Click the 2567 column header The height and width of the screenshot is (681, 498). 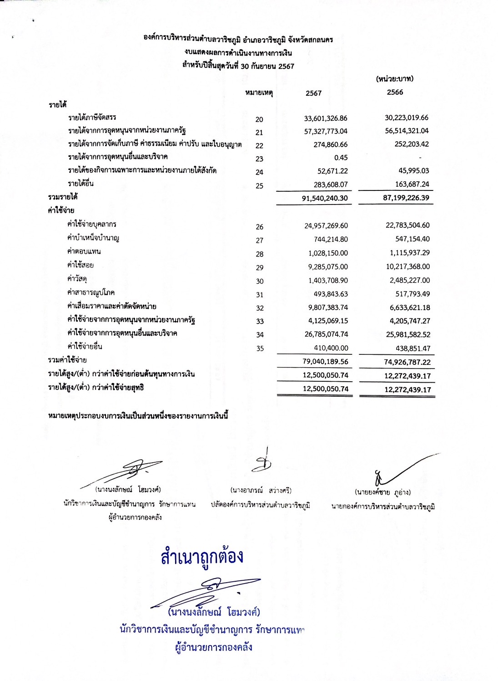point(313,93)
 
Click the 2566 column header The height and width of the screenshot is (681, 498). point(395,92)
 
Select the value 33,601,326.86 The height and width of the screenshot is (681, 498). point(325,118)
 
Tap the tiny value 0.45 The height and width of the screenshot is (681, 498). point(340,158)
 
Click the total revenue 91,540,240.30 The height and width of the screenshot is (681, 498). point(325,199)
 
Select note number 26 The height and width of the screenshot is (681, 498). point(259,227)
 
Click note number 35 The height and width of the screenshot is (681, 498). point(259,348)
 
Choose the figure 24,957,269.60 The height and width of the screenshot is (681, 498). point(326,225)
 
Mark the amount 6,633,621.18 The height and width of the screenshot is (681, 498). point(407,307)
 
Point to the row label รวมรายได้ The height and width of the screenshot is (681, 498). point(62,197)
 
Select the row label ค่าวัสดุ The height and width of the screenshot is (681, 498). point(77,279)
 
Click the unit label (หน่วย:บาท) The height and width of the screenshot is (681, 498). point(394,79)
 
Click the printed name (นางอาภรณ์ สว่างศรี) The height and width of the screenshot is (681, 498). point(261,491)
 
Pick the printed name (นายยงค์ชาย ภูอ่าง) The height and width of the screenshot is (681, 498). point(382,492)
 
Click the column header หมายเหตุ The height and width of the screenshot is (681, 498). point(258,93)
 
